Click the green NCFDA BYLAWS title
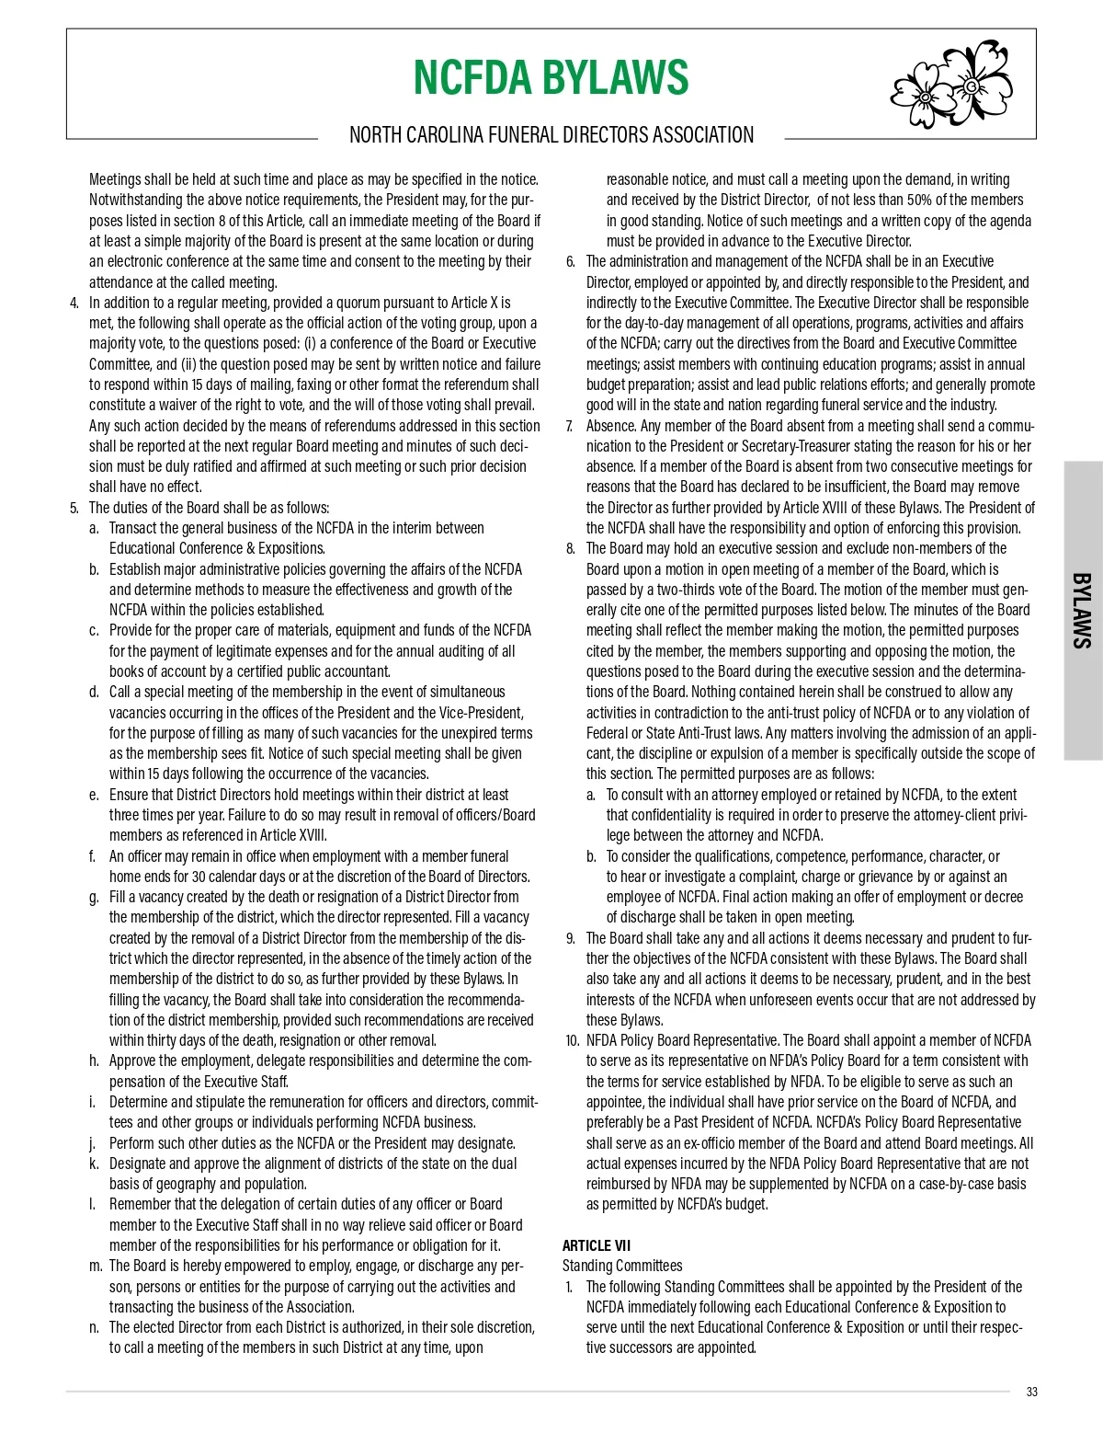click(x=550, y=77)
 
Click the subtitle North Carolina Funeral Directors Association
click(x=551, y=135)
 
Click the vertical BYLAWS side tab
click(x=1083, y=611)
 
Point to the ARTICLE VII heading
click(x=597, y=1246)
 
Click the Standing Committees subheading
click(x=622, y=1267)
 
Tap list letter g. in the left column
click(x=95, y=898)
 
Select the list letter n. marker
click(x=95, y=1328)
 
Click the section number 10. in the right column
click(x=572, y=1041)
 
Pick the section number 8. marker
click(x=571, y=549)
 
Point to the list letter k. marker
click(x=95, y=1164)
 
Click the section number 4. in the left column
click(x=74, y=303)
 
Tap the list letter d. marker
click(x=95, y=693)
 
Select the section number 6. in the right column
click(x=571, y=262)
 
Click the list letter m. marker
click(x=96, y=1267)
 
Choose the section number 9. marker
click(x=571, y=939)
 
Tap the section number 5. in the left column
click(x=74, y=508)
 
